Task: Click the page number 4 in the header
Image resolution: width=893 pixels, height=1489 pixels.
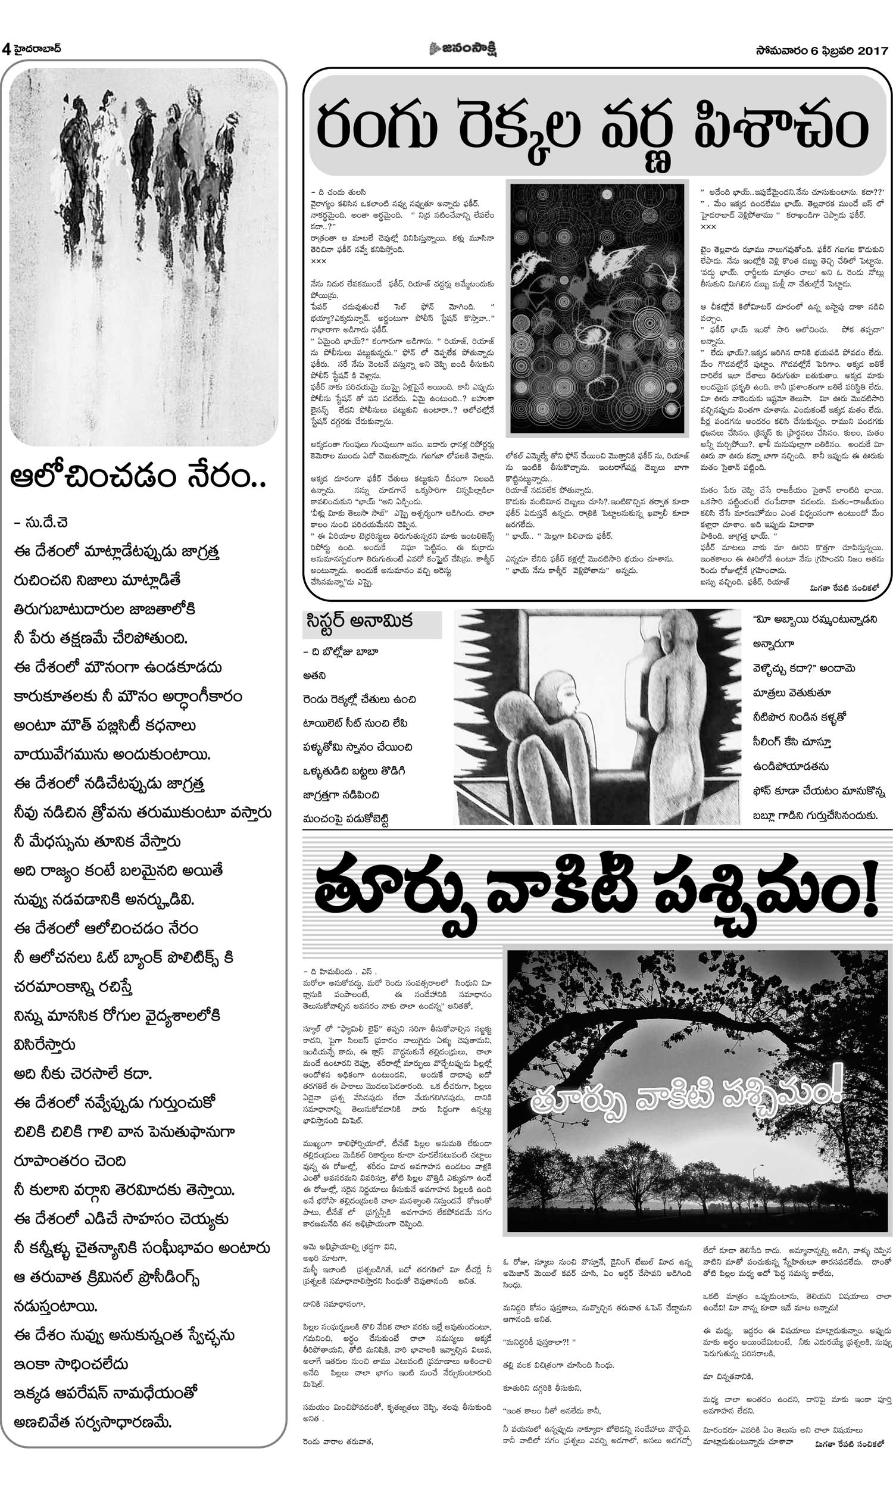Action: (6, 49)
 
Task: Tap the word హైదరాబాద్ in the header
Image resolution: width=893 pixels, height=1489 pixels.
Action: (36, 49)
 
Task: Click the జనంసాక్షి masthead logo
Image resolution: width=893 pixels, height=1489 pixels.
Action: (463, 49)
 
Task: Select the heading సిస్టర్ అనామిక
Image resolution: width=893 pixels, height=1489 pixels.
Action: (358, 622)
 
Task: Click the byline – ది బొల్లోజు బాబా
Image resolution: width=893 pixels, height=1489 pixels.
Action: (340, 651)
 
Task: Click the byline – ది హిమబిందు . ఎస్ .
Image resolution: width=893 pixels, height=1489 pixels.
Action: (340, 971)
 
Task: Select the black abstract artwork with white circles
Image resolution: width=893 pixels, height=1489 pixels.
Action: (597, 307)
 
